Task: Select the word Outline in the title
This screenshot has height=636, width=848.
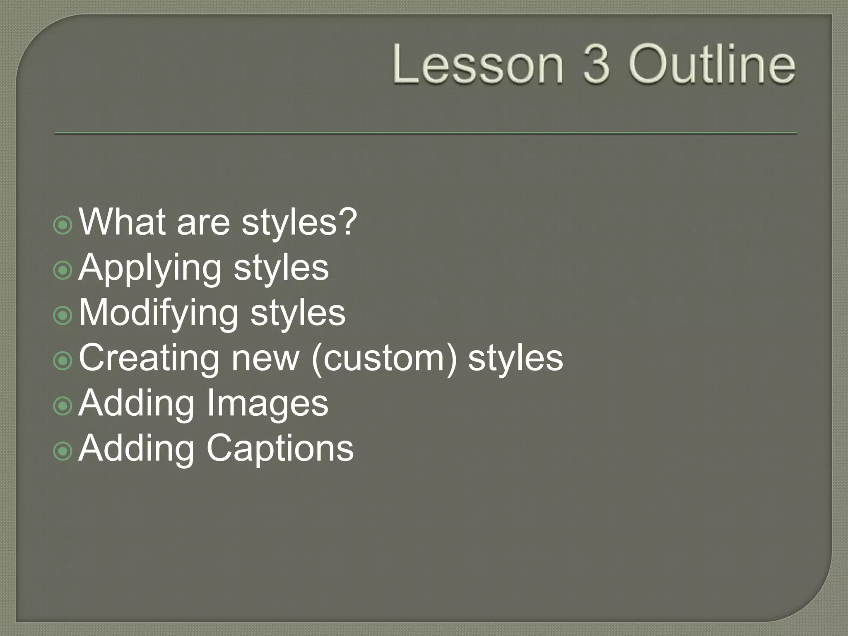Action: coord(712,65)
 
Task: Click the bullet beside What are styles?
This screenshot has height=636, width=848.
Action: coord(63,225)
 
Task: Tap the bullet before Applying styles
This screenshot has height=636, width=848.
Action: coord(63,270)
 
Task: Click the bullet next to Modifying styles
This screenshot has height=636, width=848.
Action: coord(63,316)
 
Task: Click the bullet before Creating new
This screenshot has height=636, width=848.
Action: coord(63,361)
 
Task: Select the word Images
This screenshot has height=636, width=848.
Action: coord(267,404)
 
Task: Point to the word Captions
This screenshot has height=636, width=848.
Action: coord(280,449)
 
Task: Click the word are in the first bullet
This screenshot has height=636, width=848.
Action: coord(203,223)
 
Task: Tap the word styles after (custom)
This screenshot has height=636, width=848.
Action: coord(516,358)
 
